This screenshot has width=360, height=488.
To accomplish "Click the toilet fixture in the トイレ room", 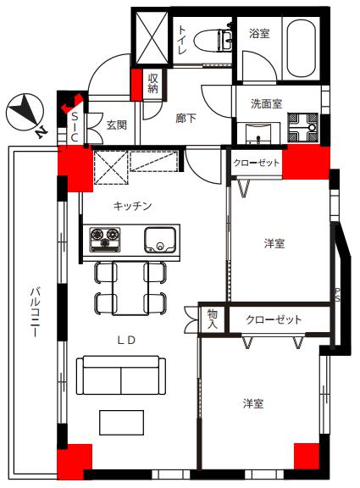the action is click(213, 40).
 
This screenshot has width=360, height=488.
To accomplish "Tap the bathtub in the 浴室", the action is click(301, 48).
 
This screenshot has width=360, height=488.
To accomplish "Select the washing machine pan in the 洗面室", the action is click(302, 128).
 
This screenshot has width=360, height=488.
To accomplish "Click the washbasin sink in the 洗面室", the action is click(258, 134).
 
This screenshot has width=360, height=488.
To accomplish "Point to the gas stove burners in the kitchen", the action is click(105, 240).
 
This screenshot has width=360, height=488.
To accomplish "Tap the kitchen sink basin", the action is click(160, 240).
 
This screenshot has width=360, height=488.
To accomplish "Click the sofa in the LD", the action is click(121, 375).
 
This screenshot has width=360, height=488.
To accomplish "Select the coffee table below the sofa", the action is click(121, 423).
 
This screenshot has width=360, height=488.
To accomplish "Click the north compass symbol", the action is click(25, 113).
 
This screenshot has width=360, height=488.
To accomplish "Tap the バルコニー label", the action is click(35, 313).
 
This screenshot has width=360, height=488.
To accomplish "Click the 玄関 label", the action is click(117, 125).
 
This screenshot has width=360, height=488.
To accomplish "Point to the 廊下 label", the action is click(186, 118).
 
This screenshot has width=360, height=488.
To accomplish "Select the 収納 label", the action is click(152, 83).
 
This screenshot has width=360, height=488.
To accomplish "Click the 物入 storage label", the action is click(213, 319).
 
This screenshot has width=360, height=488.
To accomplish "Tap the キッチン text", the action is click(132, 206).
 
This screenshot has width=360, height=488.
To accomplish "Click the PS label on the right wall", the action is click(337, 295).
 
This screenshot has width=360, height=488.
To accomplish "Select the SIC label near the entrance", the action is click(75, 127).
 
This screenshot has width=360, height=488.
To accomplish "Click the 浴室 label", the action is click(259, 33).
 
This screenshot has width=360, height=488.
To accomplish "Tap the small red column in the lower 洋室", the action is click(307, 456).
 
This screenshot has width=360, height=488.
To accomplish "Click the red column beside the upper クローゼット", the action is click(306, 162).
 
